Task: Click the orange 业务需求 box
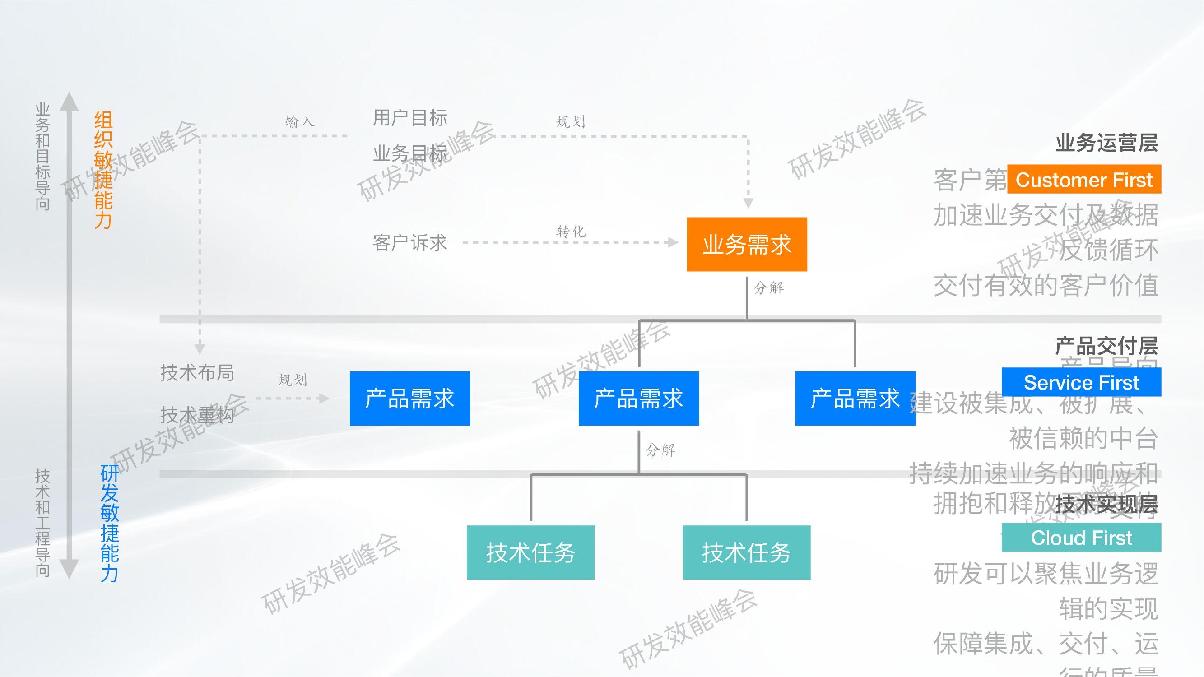click(746, 244)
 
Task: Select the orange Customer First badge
click(1084, 180)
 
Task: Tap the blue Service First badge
click(1081, 382)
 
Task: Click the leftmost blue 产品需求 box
click(409, 399)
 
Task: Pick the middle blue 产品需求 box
click(638, 399)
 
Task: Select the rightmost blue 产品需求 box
click(855, 399)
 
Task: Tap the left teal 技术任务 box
click(530, 553)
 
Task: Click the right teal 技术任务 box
click(746, 553)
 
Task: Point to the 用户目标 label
click(410, 118)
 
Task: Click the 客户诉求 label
click(410, 243)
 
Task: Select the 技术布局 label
click(197, 372)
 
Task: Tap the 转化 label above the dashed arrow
click(571, 231)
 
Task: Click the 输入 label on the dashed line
click(300, 122)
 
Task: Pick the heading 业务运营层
click(1106, 143)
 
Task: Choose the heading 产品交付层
click(1106, 346)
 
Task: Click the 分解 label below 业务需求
click(769, 288)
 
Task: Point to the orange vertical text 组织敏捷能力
click(103, 170)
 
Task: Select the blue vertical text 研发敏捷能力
click(109, 523)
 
